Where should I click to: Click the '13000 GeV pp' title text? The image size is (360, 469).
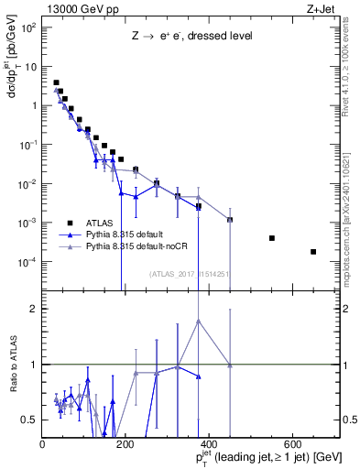[x=80, y=8]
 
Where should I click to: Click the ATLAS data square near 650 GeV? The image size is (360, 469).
[x=313, y=252]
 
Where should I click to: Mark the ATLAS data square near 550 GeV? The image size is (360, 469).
[x=272, y=238]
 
